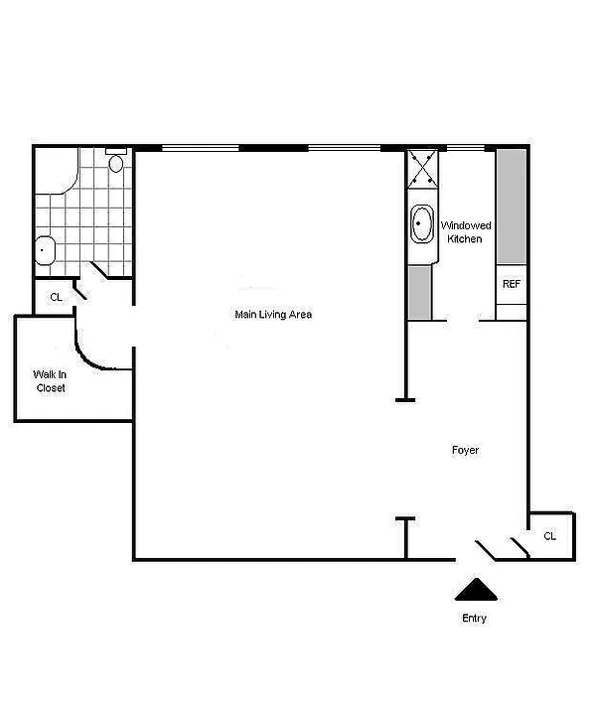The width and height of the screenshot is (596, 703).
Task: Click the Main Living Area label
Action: [273, 315]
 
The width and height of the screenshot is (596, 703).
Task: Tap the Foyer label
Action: [465, 450]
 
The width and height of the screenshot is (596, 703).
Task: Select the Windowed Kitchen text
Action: [466, 231]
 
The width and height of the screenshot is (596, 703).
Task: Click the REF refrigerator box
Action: [511, 284]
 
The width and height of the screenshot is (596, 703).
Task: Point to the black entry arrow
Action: [476, 589]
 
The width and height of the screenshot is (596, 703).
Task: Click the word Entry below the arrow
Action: [474, 618]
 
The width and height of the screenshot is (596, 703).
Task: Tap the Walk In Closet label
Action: [50, 380]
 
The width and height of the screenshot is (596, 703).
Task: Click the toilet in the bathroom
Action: [115, 161]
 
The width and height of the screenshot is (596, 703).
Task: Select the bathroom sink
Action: [45, 250]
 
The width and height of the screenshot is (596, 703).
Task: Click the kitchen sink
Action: [422, 223]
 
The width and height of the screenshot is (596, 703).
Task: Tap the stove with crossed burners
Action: [422, 169]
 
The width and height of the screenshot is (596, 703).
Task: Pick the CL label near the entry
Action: [549, 536]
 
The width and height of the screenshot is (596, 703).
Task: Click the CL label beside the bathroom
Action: [56, 297]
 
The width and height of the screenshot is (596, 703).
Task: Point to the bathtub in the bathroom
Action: [57, 171]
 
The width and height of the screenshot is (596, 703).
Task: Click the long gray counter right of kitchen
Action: [512, 207]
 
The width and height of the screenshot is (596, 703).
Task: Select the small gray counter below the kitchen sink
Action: [420, 292]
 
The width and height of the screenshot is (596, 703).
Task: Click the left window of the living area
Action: [200, 148]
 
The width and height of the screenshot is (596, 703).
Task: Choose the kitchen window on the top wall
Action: [466, 148]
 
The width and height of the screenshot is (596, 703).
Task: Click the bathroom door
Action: [98, 269]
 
